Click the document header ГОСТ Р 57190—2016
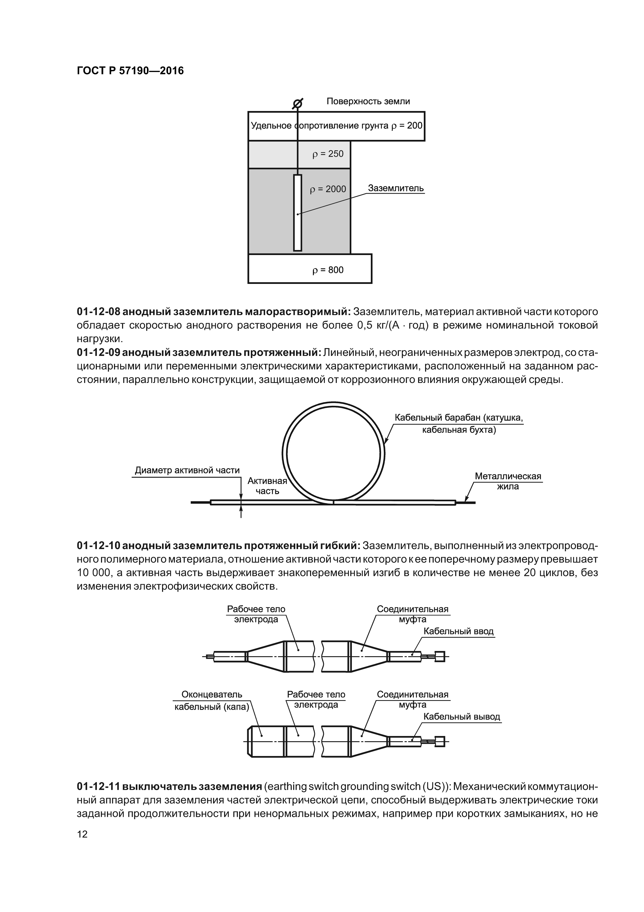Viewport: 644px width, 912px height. pos(130,71)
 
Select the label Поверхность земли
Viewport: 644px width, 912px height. pos(368,101)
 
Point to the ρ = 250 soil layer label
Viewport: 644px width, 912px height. pos(328,154)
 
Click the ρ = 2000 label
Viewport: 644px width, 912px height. pos(328,189)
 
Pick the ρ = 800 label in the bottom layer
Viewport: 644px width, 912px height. pos(328,270)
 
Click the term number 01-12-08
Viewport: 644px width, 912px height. pos(98,312)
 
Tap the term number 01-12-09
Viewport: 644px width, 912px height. pos(98,353)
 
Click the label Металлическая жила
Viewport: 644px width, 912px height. pos(508,481)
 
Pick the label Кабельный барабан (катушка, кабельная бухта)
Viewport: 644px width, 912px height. pos(458,424)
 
